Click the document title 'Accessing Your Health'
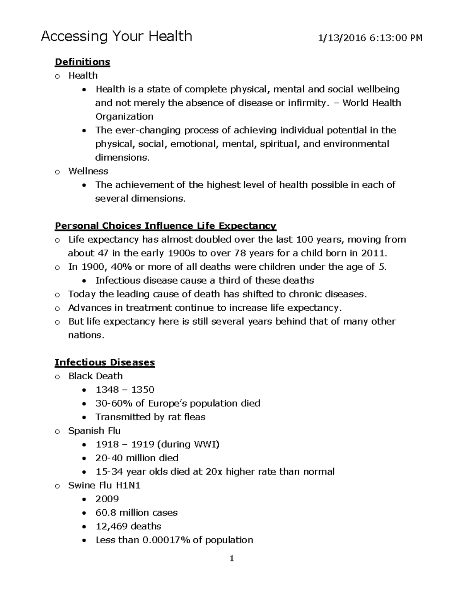(x=116, y=37)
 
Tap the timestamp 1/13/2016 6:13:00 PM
(x=370, y=38)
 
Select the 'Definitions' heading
(x=82, y=62)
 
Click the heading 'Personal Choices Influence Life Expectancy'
(x=165, y=226)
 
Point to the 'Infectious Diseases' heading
(x=105, y=362)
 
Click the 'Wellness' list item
(x=88, y=171)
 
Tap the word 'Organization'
(x=124, y=116)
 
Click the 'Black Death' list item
(x=96, y=376)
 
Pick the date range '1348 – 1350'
(x=125, y=390)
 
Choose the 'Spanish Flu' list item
(x=94, y=431)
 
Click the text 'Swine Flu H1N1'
(x=104, y=485)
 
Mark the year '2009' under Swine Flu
(x=107, y=499)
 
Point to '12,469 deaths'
(x=128, y=526)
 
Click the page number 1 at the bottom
(x=232, y=558)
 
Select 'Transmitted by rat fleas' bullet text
(x=150, y=417)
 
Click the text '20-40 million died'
(x=137, y=458)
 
